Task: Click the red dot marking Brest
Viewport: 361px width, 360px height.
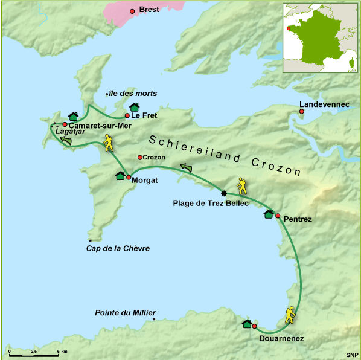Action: (132, 11)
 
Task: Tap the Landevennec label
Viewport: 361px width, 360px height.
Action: (324, 104)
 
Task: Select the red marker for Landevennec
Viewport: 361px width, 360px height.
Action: (302, 111)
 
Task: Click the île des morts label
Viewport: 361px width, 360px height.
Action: (132, 94)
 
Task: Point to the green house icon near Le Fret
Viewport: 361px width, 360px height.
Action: (135, 108)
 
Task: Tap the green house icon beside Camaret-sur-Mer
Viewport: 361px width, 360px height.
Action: (73, 117)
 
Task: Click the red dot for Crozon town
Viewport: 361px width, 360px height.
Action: (140, 158)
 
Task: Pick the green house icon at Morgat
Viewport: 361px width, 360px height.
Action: (120, 176)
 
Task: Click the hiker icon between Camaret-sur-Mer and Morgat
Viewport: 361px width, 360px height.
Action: (109, 143)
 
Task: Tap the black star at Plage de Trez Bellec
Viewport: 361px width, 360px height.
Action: (224, 193)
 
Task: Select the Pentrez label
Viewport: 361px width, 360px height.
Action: (297, 219)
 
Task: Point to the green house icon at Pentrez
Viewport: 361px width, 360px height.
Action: (268, 214)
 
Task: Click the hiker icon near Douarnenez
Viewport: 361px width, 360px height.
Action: (290, 315)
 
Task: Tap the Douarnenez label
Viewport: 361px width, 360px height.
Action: (281, 339)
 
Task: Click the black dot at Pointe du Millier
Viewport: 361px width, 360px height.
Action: (154, 319)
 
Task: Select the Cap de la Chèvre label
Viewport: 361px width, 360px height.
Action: (118, 248)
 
